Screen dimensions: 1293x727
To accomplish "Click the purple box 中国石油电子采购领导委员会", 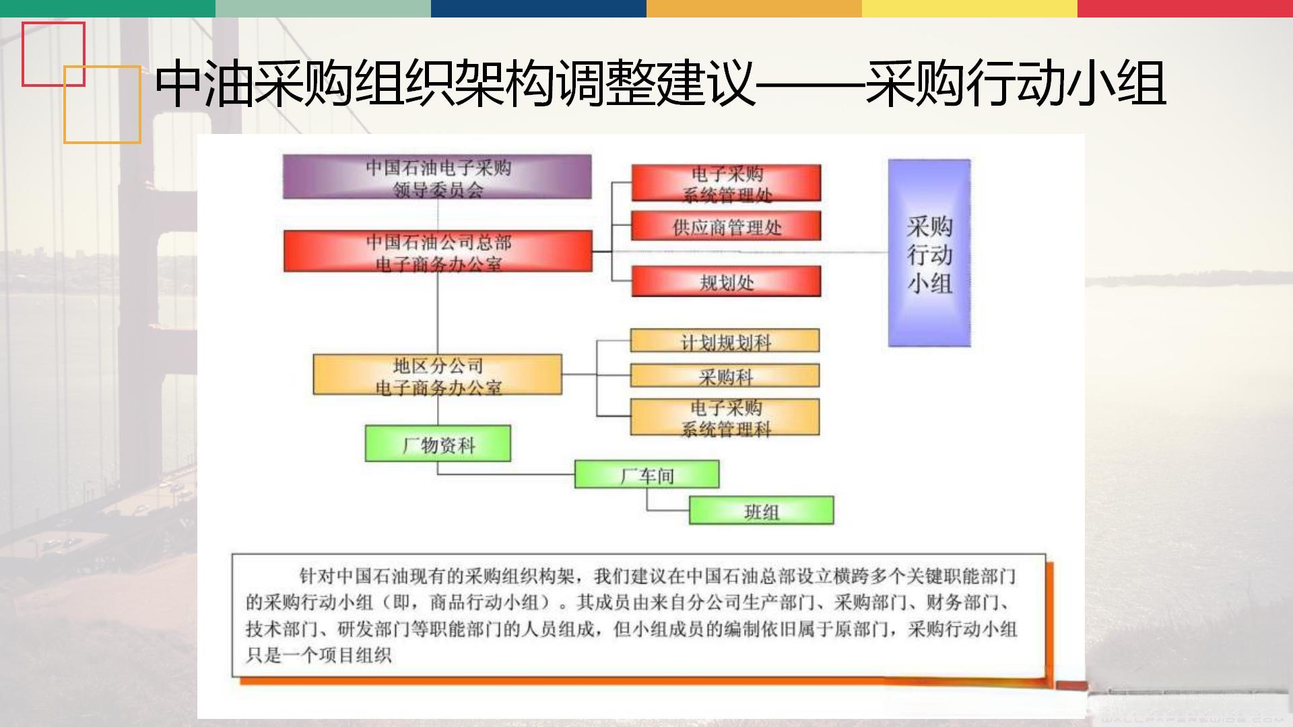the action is [x=437, y=177].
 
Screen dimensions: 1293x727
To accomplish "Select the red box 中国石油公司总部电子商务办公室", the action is [x=438, y=251].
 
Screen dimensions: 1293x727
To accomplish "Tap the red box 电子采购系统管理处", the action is [x=726, y=182].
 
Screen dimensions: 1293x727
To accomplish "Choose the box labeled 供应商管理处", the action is [x=726, y=226].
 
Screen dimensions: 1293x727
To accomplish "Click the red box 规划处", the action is [x=726, y=281].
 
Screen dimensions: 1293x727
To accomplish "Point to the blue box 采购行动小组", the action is [x=929, y=253].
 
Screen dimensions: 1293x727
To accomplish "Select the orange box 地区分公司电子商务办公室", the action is [x=438, y=374].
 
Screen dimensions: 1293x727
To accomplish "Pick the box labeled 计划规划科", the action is [x=725, y=341].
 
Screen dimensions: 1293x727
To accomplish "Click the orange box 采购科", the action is [x=725, y=376].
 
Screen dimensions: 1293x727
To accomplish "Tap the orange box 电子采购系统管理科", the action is [x=725, y=417].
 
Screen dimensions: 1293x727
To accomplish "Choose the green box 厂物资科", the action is [x=438, y=443].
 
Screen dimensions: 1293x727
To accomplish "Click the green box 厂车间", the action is [x=646, y=474].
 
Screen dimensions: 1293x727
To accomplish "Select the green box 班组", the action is [x=761, y=510].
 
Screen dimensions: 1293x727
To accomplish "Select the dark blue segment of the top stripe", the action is [x=539, y=8].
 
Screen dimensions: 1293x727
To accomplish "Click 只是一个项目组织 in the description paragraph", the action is [x=318, y=655].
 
